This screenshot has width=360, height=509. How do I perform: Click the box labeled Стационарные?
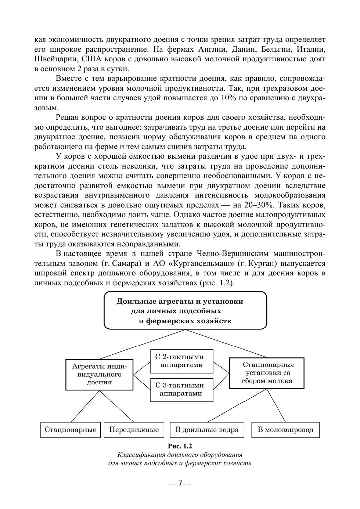(x=70, y=430)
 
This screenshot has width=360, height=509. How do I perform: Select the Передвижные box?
(x=134, y=430)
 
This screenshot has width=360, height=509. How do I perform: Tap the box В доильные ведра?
(x=207, y=430)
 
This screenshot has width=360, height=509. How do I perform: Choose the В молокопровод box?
(x=285, y=430)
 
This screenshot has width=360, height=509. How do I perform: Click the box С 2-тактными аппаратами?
(x=181, y=361)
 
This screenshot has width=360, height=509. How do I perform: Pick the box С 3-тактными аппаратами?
(x=181, y=390)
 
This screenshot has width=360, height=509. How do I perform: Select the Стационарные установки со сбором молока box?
(x=267, y=373)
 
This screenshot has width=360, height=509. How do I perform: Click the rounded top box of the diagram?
(x=185, y=310)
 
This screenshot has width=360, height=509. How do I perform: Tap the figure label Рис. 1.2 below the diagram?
(x=180, y=446)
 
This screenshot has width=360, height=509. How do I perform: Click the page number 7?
(x=180, y=483)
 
